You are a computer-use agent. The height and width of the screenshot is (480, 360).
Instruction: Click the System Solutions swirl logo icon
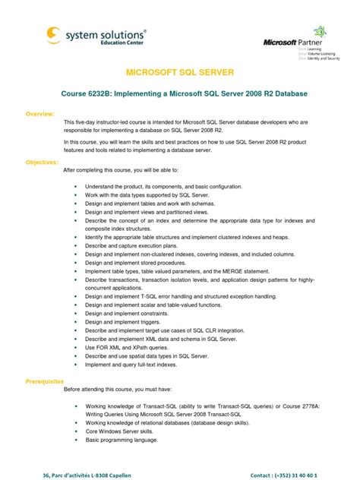[x=54, y=35]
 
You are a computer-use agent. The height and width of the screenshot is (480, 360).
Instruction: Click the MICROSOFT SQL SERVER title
[x=179, y=72]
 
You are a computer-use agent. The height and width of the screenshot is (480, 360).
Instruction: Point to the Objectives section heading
[x=43, y=162]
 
